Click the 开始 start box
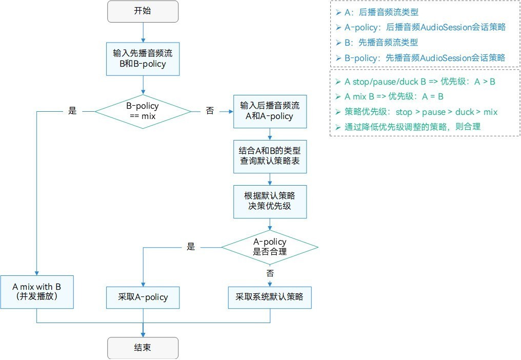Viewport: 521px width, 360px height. tap(143, 11)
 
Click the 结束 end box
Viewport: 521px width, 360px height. tap(143, 348)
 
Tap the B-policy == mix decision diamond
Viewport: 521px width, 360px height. tap(143, 111)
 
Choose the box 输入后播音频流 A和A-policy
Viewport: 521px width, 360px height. tap(270, 111)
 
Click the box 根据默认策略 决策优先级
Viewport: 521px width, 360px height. tap(270, 201)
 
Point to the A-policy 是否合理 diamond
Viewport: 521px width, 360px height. tap(270, 247)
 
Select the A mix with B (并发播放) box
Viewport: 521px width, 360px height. tap(37, 292)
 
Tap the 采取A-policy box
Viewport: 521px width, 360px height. tap(143, 297)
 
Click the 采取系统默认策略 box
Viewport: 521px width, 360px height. tap(270, 297)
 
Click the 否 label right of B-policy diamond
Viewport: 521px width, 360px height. tap(210, 111)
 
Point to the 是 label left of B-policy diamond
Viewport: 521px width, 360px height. tap(72, 111)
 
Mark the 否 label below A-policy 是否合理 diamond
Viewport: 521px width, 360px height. tap(270, 272)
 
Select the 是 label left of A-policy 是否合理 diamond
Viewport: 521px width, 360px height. tap(191, 247)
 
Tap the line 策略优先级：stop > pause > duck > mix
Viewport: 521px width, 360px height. tap(420, 112)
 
